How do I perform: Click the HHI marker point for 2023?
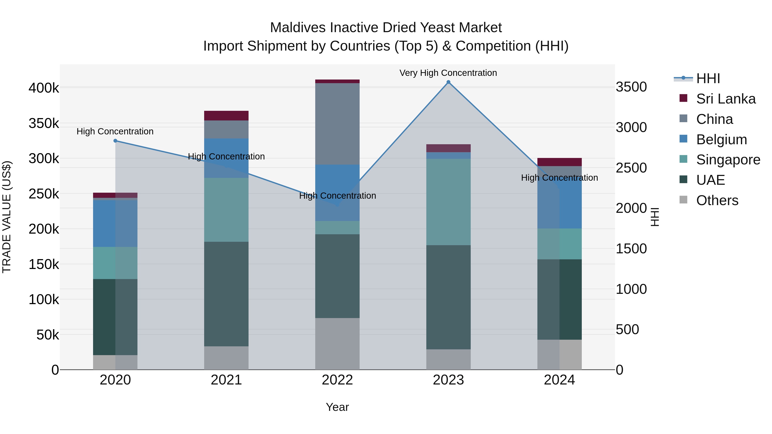pyautogui.click(x=448, y=82)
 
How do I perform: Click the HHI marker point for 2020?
pyautogui.click(x=115, y=141)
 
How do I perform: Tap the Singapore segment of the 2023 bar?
pyautogui.click(x=448, y=202)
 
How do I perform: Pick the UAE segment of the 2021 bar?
pyautogui.click(x=226, y=294)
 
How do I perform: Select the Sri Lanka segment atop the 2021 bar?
pyautogui.click(x=226, y=116)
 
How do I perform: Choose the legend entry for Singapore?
pyautogui.click(x=728, y=160)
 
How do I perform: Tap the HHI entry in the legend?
pyautogui.click(x=708, y=78)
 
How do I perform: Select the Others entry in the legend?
pyautogui.click(x=717, y=200)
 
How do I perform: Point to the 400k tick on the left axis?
pyautogui.click(x=44, y=88)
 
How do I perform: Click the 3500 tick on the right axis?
pyautogui.click(x=631, y=87)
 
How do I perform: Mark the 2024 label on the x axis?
pyautogui.click(x=559, y=380)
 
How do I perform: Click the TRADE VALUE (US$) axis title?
pyautogui.click(x=7, y=217)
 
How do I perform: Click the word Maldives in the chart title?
pyautogui.click(x=298, y=28)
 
